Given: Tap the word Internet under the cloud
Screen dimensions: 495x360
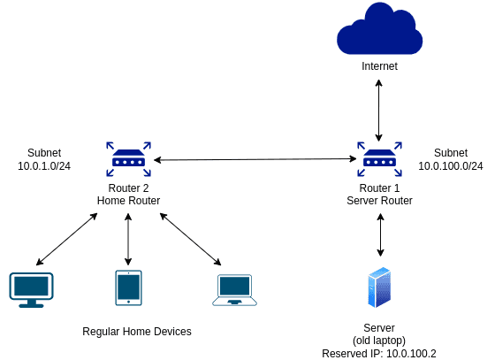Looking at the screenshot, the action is pos(379,66).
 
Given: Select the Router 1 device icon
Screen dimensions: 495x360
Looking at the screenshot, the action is pos(379,159).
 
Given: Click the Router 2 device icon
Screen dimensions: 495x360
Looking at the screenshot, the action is pos(128,159).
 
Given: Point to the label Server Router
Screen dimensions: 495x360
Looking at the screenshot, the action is pos(379,201).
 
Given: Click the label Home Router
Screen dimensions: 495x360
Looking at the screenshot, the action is pos(128,201).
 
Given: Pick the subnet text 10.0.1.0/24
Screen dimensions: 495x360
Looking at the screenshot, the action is pos(44,166).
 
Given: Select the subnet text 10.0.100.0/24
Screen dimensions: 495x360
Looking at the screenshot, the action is pos(451,166).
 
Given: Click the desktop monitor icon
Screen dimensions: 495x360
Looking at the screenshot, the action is pos(31,290).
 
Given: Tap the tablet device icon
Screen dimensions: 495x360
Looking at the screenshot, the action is pos(128,287).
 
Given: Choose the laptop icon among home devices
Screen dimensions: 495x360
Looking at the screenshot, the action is pos(234,290).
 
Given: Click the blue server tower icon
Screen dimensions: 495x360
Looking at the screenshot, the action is pos(379,287).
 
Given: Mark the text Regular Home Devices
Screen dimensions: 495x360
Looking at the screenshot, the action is pos(137,332).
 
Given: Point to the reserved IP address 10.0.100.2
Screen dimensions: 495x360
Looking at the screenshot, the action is pos(411,354).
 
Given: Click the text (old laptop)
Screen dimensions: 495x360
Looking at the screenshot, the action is pos(379,341).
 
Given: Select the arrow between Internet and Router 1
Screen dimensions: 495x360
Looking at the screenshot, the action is pos(379,111).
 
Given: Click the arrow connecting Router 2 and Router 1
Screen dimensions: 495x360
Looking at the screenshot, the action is pos(255,159).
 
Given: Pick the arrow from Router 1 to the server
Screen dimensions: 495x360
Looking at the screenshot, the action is pos(380,234).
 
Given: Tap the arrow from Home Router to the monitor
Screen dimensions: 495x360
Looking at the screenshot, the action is pos(66,239).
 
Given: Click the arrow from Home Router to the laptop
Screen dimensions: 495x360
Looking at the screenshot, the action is pos(190,239).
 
